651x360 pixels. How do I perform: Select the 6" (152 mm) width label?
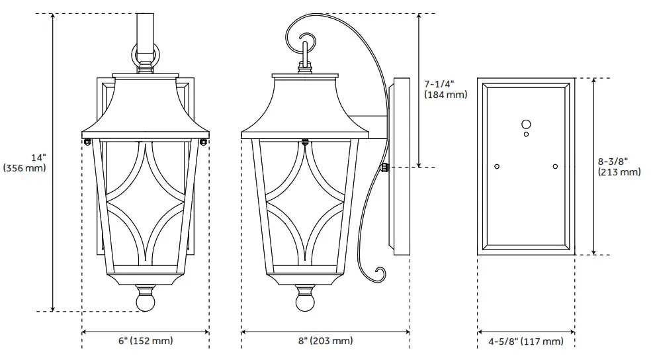point(146,341)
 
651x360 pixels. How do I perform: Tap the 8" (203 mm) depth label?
point(325,341)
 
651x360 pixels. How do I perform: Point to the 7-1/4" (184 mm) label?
point(445,89)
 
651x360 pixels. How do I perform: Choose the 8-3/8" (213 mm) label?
point(619,167)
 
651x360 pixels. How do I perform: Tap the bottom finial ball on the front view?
point(146,301)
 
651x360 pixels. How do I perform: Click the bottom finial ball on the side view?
point(305,301)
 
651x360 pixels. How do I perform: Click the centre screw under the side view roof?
point(305,140)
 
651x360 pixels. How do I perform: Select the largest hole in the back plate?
point(526,124)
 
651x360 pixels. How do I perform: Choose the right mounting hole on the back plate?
point(555,165)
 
